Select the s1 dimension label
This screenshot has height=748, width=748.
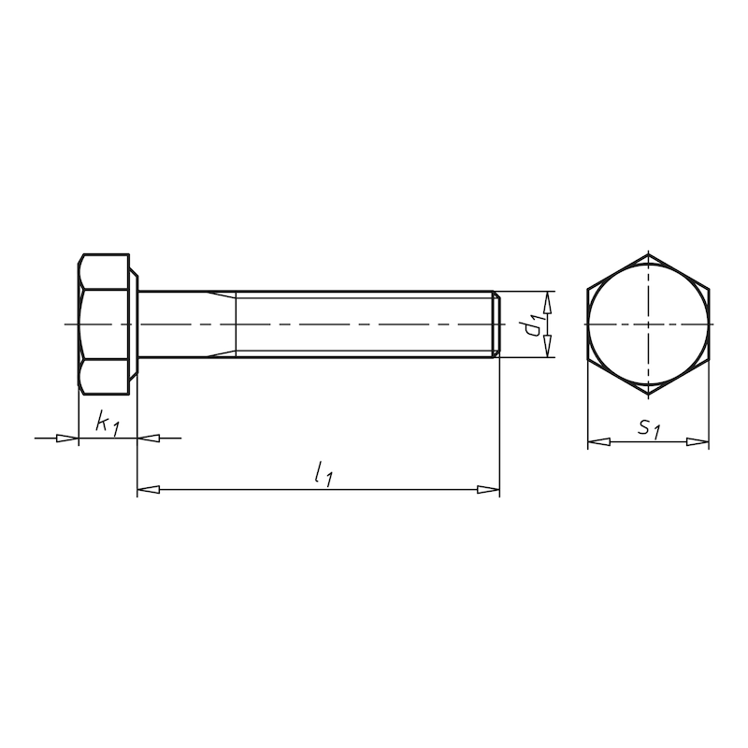pyautogui.click(x=649, y=429)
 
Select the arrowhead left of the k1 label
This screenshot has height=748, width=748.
pyautogui.click(x=66, y=437)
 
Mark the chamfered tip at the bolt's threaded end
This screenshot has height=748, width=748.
pyautogui.click(x=496, y=324)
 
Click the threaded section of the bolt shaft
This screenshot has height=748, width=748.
pyautogui.click(x=365, y=324)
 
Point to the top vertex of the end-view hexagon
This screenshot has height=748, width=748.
pyautogui.click(x=648, y=253)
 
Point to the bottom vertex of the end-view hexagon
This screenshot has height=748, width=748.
pyautogui.click(x=648, y=395)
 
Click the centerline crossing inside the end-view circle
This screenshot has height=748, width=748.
pyautogui.click(x=648, y=324)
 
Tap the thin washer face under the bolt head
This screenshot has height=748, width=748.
pyautogui.click(x=137, y=324)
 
